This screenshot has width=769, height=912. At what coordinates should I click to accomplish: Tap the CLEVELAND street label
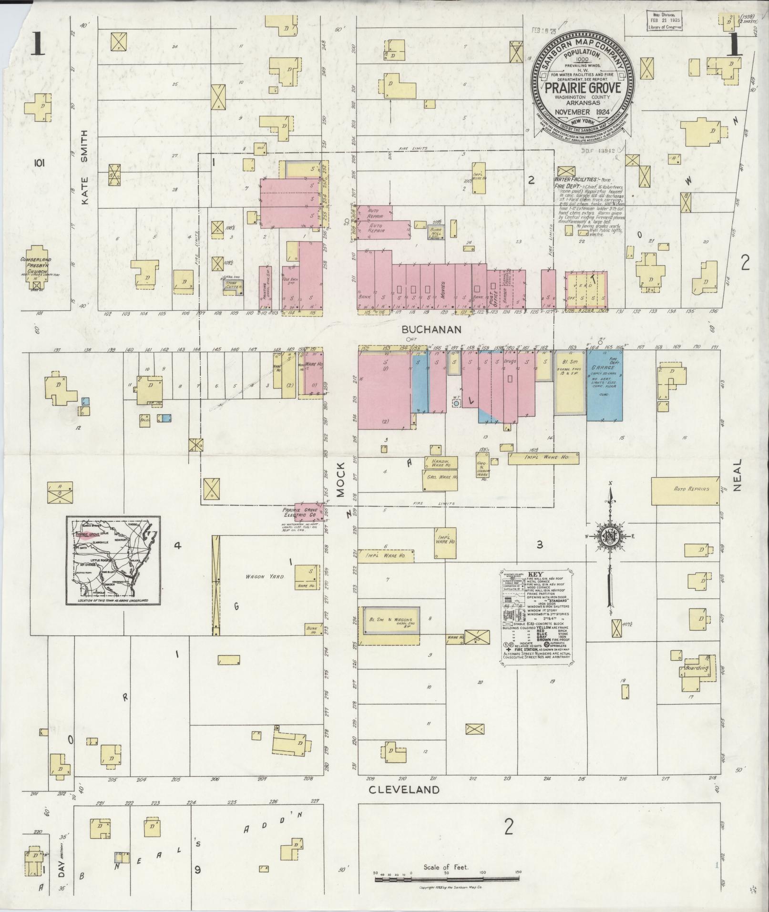[x=404, y=789]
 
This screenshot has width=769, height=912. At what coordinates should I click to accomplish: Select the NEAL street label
[x=738, y=475]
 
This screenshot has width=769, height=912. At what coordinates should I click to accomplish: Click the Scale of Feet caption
[x=446, y=867]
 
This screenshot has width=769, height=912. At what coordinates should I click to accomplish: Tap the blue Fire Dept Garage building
[x=604, y=386]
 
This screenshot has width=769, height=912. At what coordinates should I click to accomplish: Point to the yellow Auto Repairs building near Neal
[x=685, y=490]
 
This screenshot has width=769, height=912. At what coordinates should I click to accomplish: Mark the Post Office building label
[x=493, y=289]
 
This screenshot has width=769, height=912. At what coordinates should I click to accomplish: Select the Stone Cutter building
[x=234, y=287]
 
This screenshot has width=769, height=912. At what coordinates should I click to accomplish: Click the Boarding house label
[x=697, y=668]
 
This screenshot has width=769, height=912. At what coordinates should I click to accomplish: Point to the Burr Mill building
[x=436, y=232]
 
